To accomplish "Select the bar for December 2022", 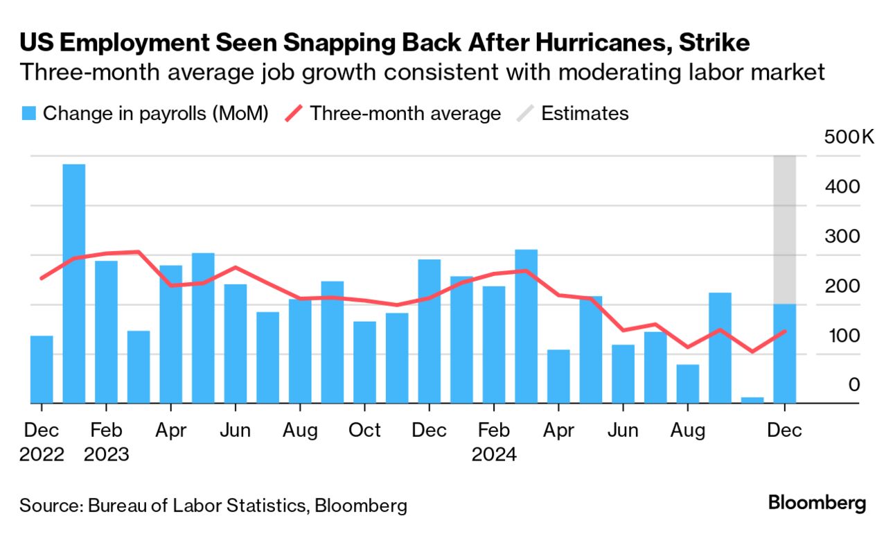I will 42,369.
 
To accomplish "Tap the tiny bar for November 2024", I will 752,399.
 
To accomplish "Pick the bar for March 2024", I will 527,326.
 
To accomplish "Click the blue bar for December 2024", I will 784,354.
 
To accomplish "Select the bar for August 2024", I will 688,384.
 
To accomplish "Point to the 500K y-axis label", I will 849,137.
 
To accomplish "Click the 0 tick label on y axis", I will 854,384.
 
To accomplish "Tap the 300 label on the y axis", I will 842,236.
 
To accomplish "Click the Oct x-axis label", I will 364,430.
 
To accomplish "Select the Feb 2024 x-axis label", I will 494,442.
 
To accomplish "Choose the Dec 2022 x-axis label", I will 42,442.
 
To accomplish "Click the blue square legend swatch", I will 28,114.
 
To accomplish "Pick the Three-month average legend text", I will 405,114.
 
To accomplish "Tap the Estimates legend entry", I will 585,114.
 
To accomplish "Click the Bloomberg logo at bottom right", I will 817,503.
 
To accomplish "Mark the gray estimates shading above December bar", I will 784,229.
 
